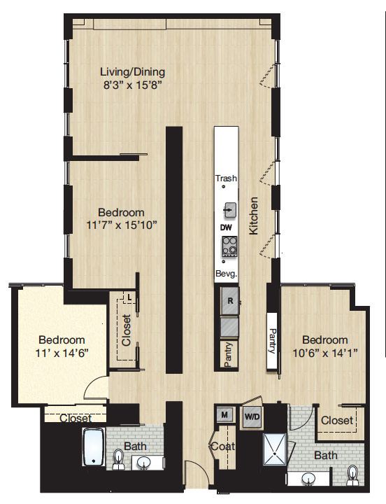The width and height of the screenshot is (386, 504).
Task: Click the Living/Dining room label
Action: pos(133,72)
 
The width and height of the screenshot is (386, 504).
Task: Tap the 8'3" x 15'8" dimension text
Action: pos(132,85)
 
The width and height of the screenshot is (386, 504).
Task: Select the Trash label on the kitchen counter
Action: pos(226,178)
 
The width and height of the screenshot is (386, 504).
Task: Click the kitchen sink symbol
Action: pos(229,209)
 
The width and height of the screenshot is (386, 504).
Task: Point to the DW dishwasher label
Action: pos(226,227)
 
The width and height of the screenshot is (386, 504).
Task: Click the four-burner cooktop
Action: pos(229,246)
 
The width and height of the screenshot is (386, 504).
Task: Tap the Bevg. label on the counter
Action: pos(227,274)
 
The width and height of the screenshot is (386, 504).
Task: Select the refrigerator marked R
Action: pos(230,301)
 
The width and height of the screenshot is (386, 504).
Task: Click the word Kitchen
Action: pos(253,216)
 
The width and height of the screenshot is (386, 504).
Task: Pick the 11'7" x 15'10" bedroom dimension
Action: pos(122,225)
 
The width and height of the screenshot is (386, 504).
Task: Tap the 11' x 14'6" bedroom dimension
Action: pos(62,353)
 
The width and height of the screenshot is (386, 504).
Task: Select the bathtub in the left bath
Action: pos(93,447)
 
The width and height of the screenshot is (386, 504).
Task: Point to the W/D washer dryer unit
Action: pos(252,416)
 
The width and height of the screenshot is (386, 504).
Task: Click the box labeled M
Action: pos(224,414)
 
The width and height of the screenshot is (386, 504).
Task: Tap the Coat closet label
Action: pos(222,446)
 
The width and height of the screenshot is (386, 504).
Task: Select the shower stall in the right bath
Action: pos(275,449)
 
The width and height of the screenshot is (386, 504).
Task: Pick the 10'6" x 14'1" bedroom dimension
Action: pos(325,353)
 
